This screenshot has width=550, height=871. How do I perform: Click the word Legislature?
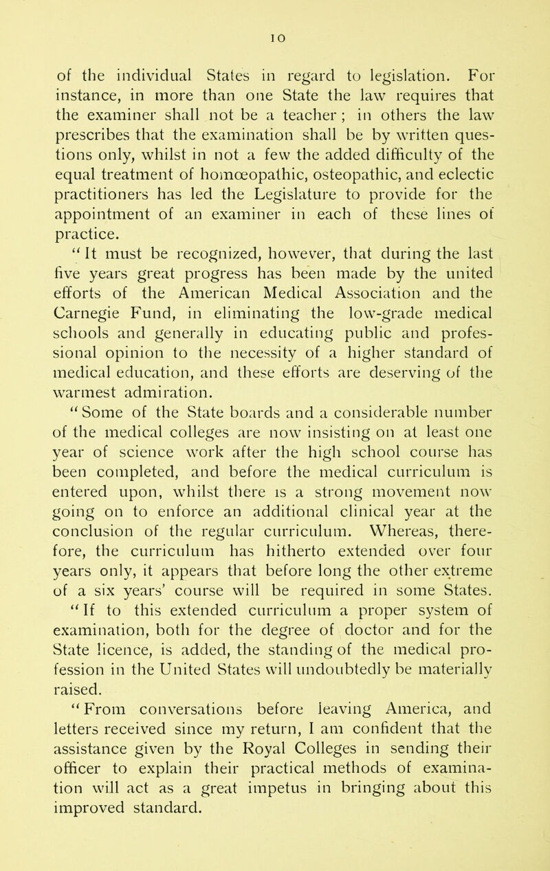(280, 175)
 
